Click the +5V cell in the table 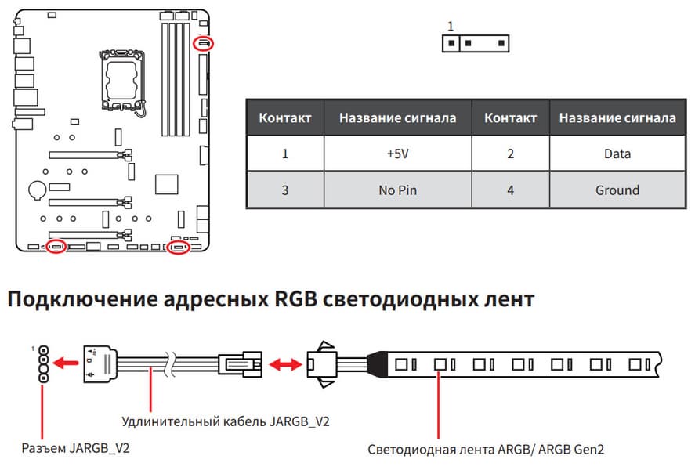[x=397, y=154]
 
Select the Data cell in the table [x=617, y=154]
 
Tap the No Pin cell [x=397, y=190]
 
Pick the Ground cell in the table [x=617, y=190]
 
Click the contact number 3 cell [x=285, y=190]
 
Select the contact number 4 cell [x=511, y=190]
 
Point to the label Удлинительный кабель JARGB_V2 [x=226, y=421]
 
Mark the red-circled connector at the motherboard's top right [x=204, y=42]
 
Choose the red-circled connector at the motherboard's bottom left [x=56, y=248]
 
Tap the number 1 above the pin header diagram [x=450, y=27]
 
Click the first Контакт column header [x=285, y=117]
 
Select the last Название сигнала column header [x=617, y=117]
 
